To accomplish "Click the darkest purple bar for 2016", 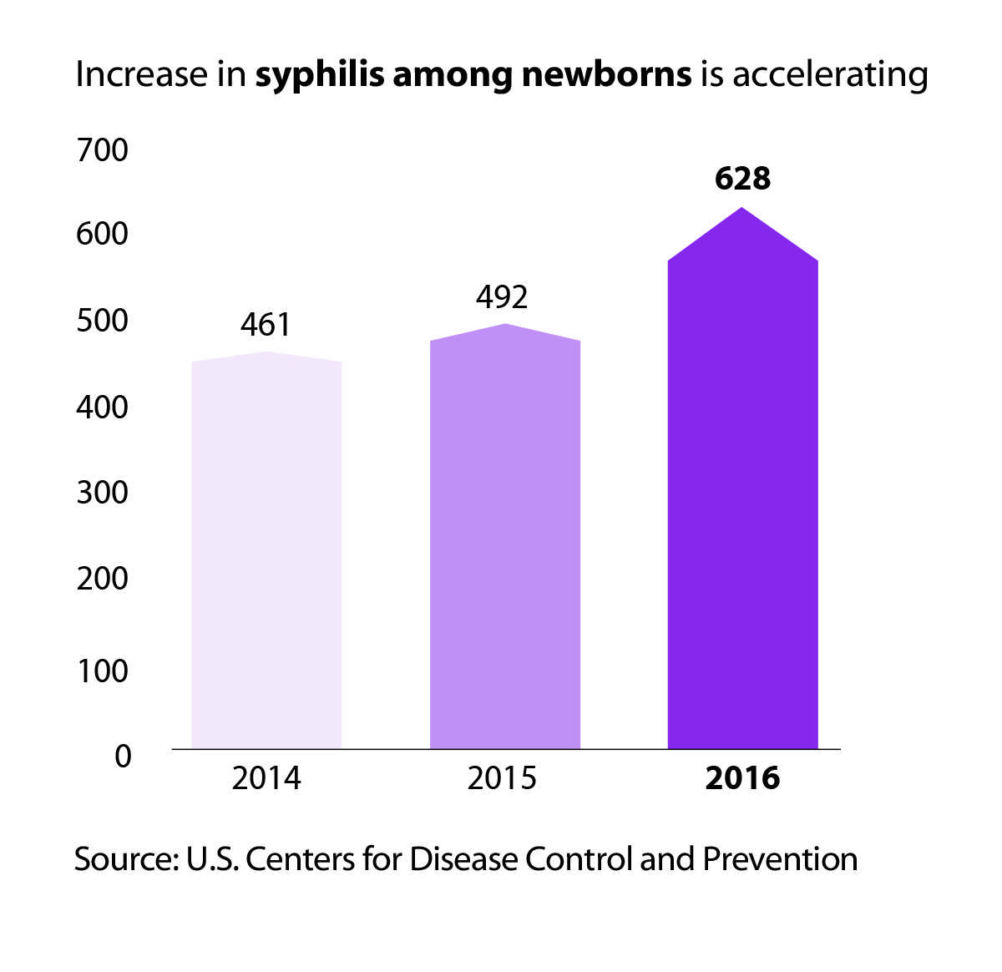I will pos(742,501).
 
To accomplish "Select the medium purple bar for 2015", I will pos(504,543).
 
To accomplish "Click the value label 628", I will pos(742,179).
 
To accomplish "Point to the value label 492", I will pos(503,297).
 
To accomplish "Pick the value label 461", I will pos(266,325).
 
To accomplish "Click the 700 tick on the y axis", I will pos(102,151).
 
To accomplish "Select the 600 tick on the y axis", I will pos(102,234).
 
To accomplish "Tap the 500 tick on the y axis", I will pos(102,321).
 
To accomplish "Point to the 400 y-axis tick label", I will pos(102,408).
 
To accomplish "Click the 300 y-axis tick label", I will pos(102,492).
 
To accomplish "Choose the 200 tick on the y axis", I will pos(102,578).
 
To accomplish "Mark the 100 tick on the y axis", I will pos(102,670).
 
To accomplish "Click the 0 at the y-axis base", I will pos(123,757).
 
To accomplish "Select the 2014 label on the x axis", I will pos(266,778).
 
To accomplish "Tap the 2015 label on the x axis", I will pos(502,778).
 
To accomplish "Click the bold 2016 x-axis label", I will pos(742,778).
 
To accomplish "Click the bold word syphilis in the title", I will pos(320,75).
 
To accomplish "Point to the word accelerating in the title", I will pos(830,75).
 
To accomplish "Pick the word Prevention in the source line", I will pos(780,859).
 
